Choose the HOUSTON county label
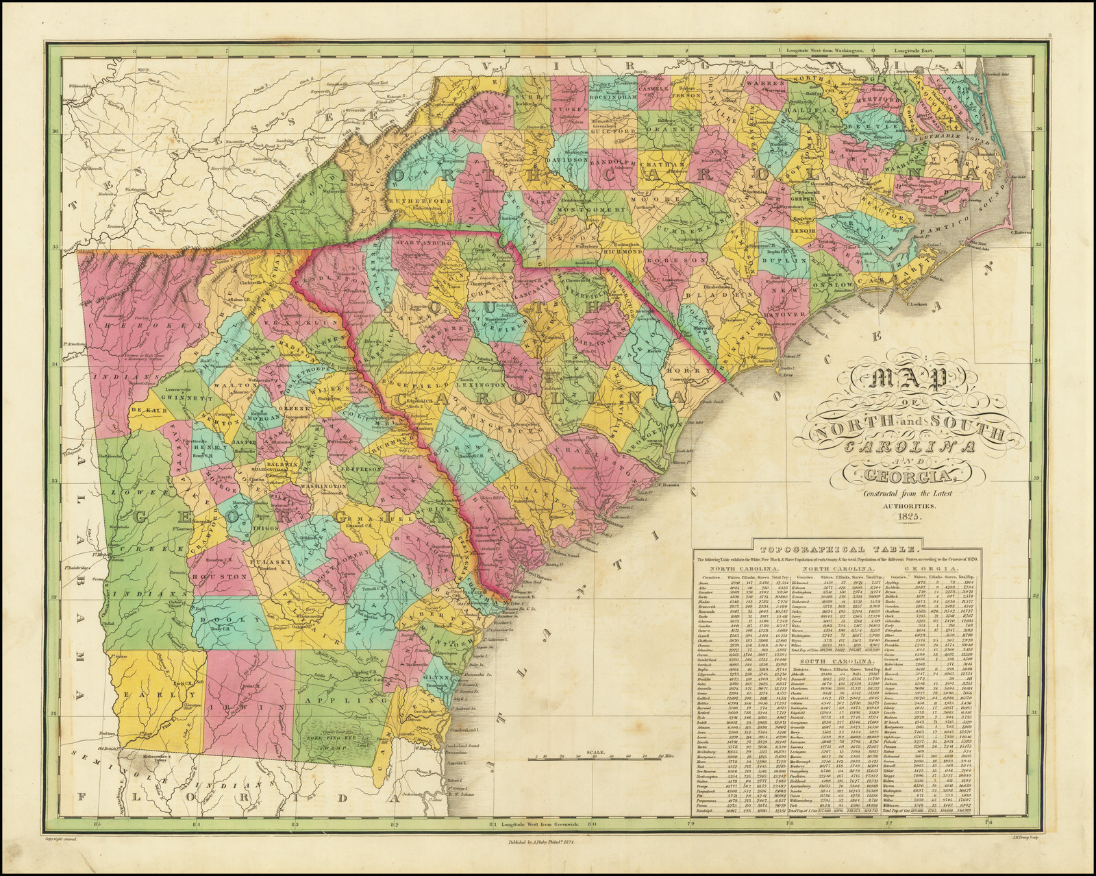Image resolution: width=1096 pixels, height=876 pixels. (x=203, y=578)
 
